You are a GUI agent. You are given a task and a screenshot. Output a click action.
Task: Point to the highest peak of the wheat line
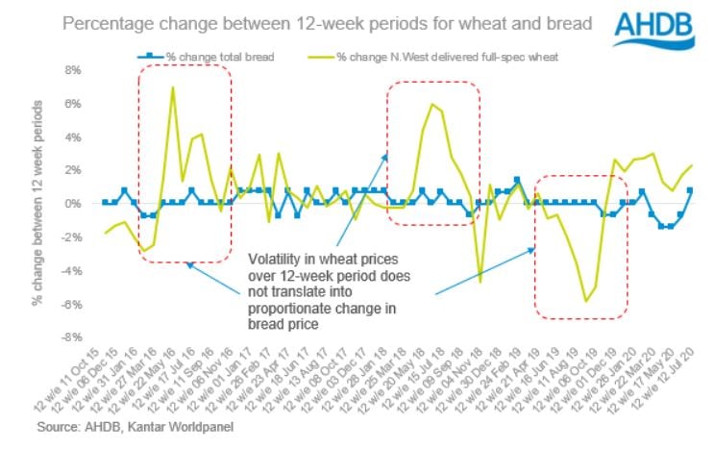coord(172,87)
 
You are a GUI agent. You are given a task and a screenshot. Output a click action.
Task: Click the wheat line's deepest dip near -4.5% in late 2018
coord(480,280)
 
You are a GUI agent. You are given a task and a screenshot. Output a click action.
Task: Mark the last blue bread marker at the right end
coord(689,190)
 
